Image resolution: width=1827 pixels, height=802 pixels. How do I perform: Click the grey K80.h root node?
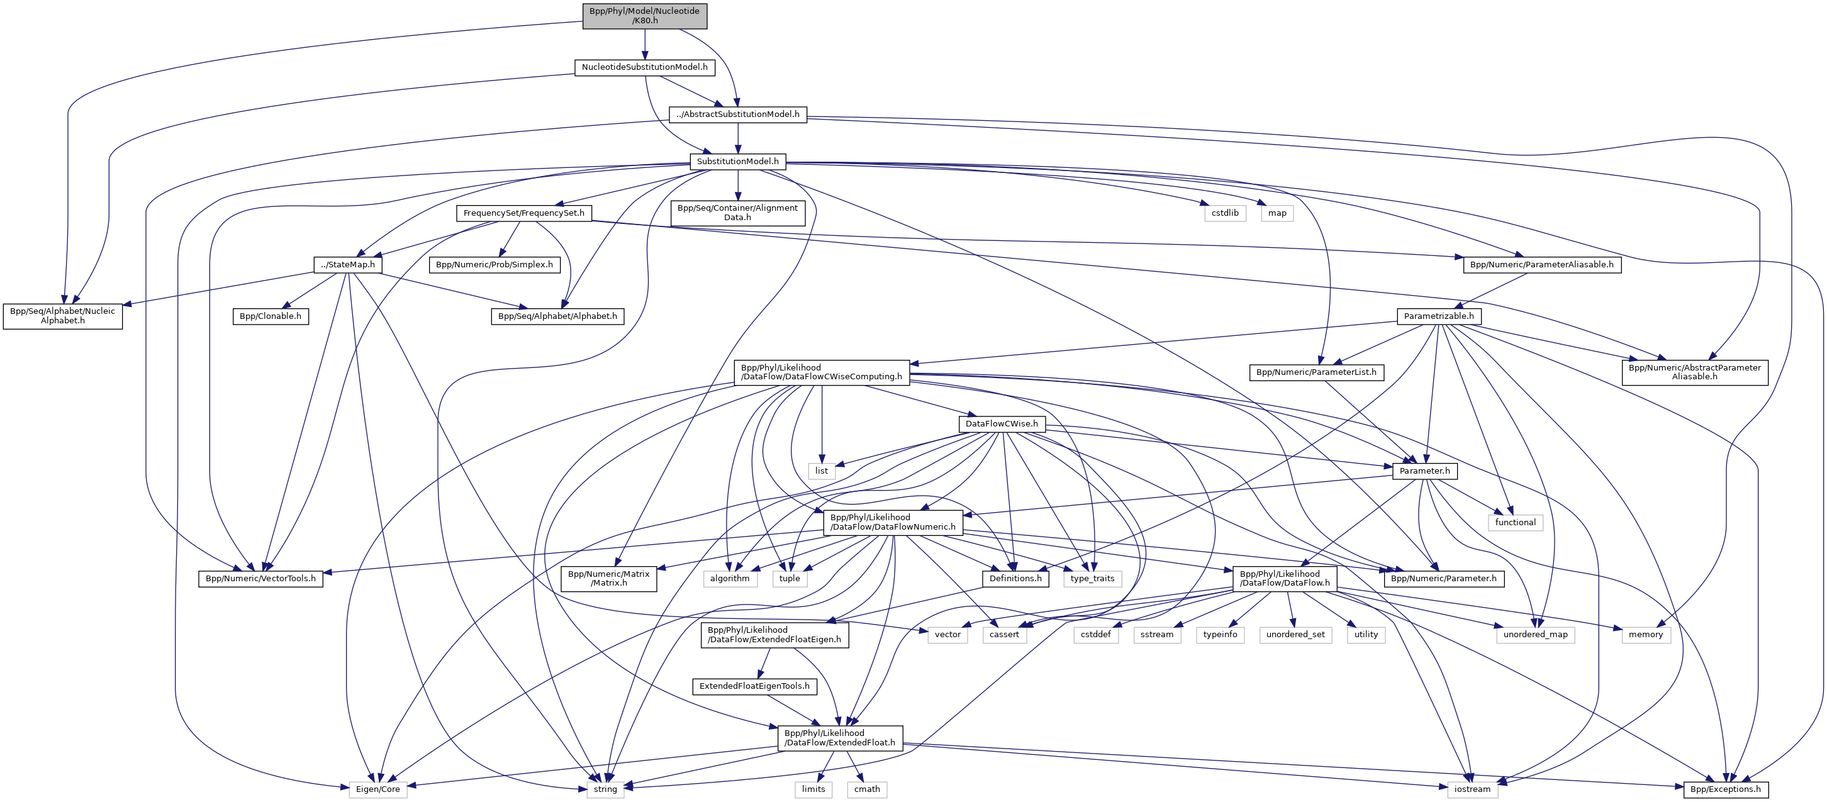[645, 16]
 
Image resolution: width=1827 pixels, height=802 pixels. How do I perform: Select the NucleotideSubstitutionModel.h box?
[644, 67]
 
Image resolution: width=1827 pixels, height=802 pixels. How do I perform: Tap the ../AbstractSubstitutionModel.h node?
[737, 114]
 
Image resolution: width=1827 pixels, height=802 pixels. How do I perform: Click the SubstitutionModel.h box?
[737, 162]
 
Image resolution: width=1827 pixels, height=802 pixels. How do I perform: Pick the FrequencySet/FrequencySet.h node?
[523, 213]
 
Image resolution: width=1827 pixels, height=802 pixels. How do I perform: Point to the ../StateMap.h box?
[347, 264]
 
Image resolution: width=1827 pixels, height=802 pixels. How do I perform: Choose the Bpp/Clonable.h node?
[271, 316]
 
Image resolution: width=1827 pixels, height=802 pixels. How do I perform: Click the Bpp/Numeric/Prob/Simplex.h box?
[494, 264]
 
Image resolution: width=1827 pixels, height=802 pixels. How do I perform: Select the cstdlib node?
[1225, 213]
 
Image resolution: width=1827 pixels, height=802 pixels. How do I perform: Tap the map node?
[1277, 213]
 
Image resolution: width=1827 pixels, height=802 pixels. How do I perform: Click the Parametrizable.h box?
[1438, 316]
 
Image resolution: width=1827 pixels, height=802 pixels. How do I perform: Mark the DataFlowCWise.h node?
[1002, 424]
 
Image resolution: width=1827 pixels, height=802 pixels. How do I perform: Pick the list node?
[821, 471]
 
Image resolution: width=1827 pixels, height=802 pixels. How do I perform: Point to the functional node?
[1515, 523]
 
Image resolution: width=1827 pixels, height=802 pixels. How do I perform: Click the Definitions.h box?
[1015, 579]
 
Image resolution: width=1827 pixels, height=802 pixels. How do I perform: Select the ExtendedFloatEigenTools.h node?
[754, 686]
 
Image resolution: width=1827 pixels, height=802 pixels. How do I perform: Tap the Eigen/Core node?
[378, 789]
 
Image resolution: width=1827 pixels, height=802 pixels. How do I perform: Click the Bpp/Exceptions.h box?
[1725, 789]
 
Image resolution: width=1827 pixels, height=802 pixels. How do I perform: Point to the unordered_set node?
[1295, 635]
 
